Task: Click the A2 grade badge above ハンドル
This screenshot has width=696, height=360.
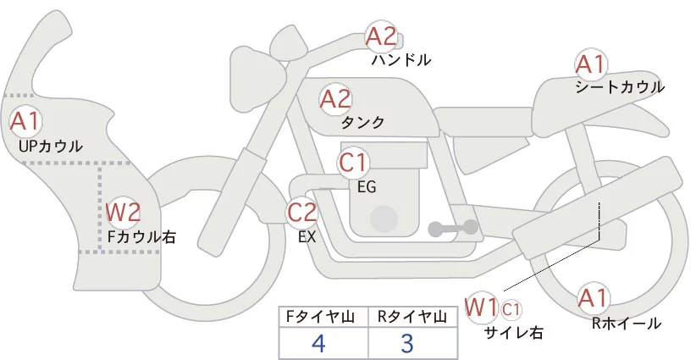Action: coord(381,36)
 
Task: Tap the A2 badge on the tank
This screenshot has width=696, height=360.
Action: coord(335,99)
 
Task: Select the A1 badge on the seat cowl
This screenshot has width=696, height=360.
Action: coord(590,64)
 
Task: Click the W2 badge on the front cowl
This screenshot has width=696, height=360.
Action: coord(123,212)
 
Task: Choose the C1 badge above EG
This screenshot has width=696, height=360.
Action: coord(354,161)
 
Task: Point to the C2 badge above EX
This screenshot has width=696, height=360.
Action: coord(302,212)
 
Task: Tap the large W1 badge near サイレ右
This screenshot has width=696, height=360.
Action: coord(482,306)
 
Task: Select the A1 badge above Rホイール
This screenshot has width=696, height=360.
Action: coord(593,297)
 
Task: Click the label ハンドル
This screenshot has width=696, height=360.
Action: coord(401,60)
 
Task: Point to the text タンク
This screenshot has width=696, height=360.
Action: coord(362,123)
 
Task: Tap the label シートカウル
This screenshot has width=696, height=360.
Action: coord(620,87)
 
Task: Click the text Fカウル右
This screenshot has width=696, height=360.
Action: coord(141,237)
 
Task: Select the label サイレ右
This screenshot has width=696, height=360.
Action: coord(514,332)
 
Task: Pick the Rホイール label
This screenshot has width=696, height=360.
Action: coord(627,323)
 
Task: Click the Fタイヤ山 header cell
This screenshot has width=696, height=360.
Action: coord(324,317)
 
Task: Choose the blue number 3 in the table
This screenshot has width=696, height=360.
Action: coord(407,344)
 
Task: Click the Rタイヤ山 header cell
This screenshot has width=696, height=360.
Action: coord(412,317)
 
